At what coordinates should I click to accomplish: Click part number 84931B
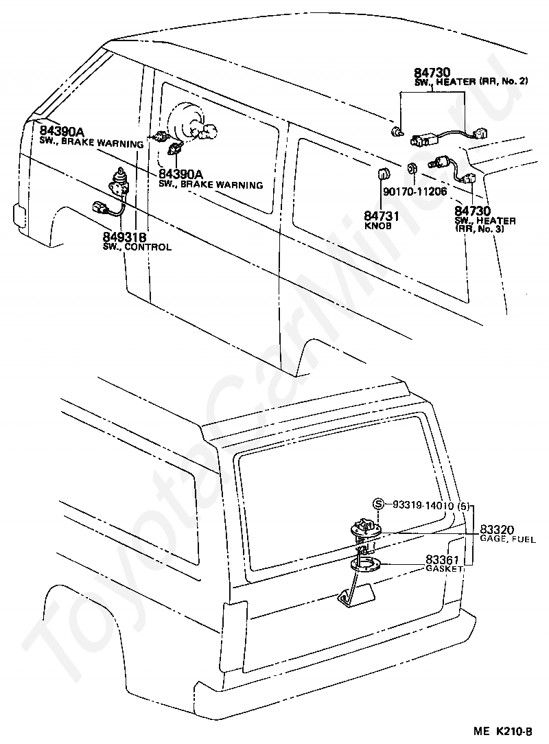[x=124, y=237]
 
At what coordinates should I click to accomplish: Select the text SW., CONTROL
[x=137, y=247]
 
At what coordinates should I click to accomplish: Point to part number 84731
[x=382, y=216]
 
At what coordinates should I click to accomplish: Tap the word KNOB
[x=378, y=226]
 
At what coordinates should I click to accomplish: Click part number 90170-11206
[x=415, y=191]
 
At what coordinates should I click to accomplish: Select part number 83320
[x=497, y=530]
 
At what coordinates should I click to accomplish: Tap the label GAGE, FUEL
[x=508, y=539]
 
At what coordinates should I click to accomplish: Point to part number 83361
[x=442, y=560]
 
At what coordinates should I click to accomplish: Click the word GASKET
[x=443, y=568]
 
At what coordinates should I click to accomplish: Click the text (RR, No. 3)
[x=479, y=229]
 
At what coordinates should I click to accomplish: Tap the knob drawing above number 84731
[x=383, y=174]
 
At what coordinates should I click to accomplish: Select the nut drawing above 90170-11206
[x=412, y=168]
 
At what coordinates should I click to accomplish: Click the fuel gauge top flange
[x=365, y=530]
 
